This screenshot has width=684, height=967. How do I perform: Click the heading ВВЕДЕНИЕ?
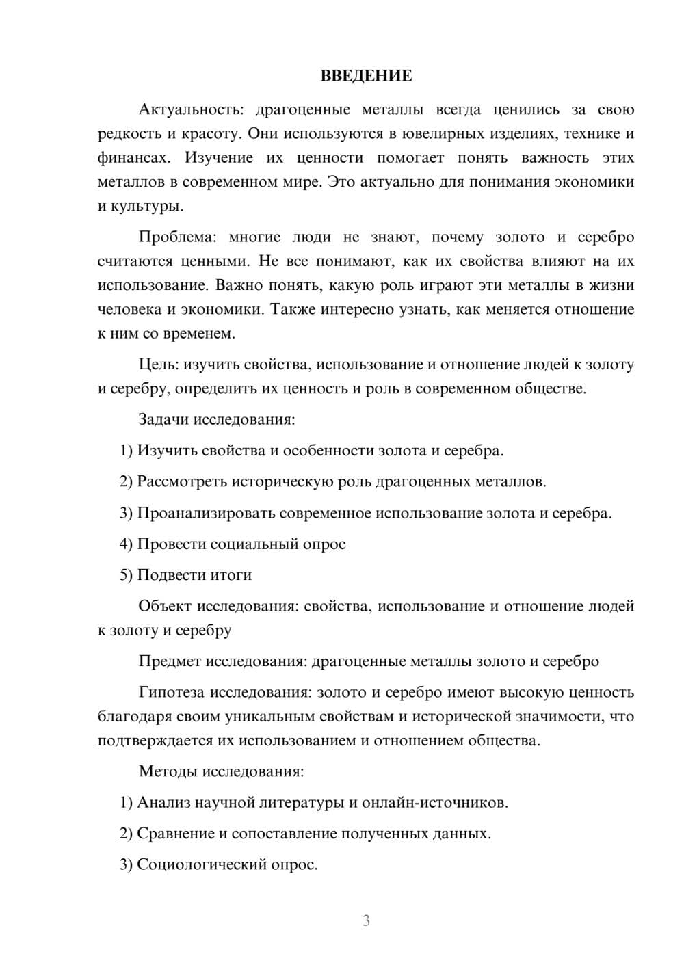click(366, 76)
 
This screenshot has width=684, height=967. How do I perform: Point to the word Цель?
click(159, 365)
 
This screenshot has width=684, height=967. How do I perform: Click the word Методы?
click(169, 771)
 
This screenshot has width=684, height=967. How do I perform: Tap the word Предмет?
click(170, 661)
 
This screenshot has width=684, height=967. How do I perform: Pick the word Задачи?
click(164, 419)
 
